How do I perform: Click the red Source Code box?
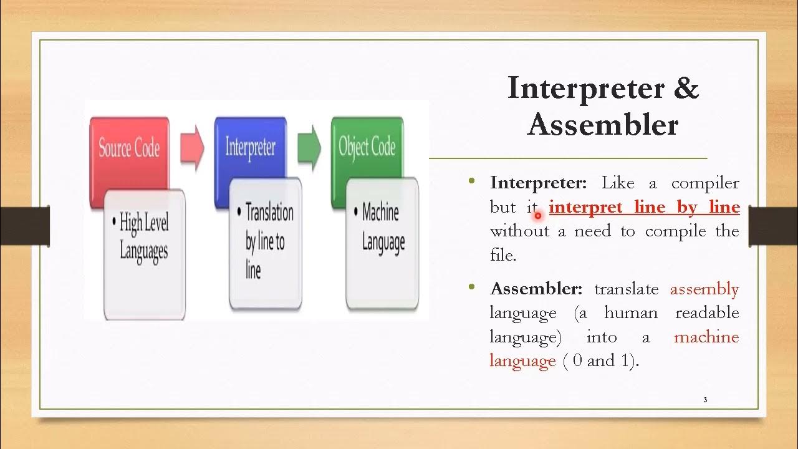(129, 147)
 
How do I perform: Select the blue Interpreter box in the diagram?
(250, 147)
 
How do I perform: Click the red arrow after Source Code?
(191, 148)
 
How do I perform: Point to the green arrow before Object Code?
(309, 148)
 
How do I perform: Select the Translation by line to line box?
(266, 243)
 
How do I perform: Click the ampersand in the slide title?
(686, 87)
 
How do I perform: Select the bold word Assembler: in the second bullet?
(536, 289)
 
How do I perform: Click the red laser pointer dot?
(537, 216)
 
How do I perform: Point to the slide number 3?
(705, 400)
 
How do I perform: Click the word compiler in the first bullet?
(705, 183)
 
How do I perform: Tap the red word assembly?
(704, 289)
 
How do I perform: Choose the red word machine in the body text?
(706, 337)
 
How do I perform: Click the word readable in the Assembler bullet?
(707, 313)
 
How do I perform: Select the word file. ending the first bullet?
(503, 255)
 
